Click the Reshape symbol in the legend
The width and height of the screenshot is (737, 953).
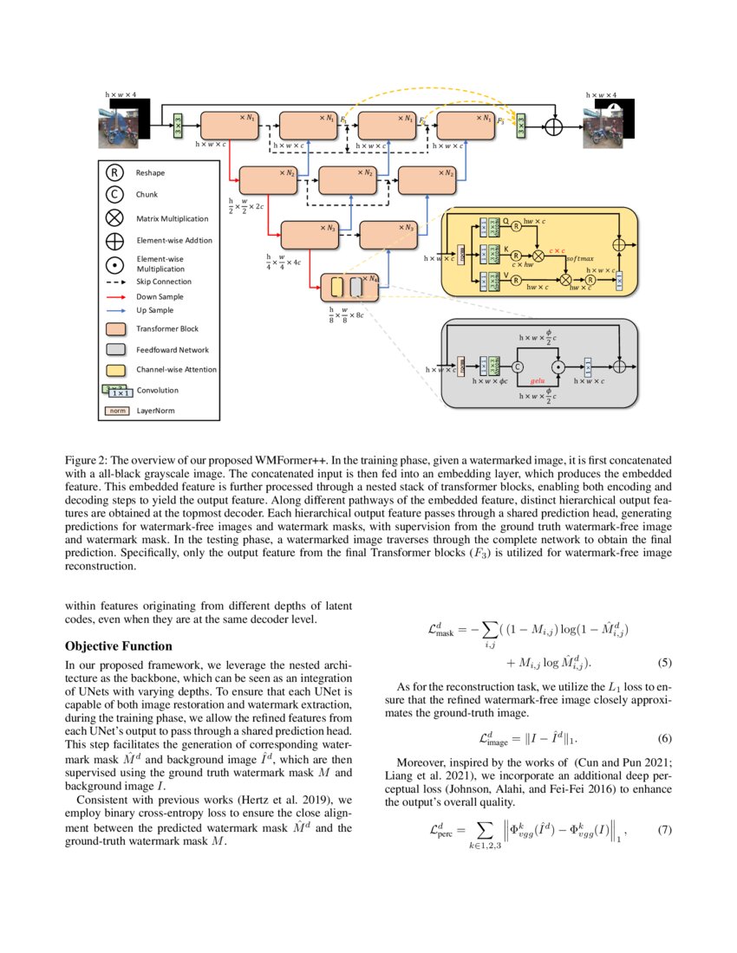click(114, 173)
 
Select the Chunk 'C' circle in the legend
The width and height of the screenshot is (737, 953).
click(114, 195)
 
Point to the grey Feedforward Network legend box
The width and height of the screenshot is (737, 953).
click(115, 349)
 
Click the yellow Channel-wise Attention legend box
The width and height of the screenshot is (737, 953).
click(115, 369)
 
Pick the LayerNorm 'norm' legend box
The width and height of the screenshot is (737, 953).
click(115, 411)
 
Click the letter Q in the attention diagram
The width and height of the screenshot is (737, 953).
click(506, 221)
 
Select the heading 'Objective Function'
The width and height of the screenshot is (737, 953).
click(119, 646)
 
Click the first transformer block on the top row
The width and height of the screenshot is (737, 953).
click(229, 125)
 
